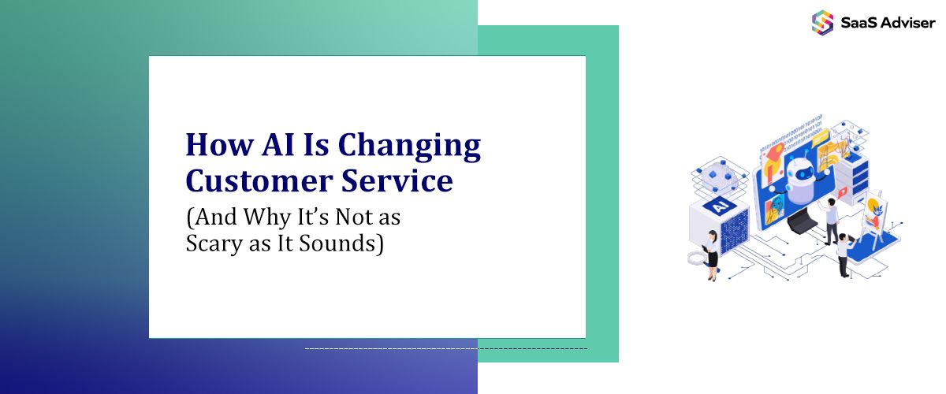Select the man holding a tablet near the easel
tap(844, 252)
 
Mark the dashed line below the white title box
tap(445, 348)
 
